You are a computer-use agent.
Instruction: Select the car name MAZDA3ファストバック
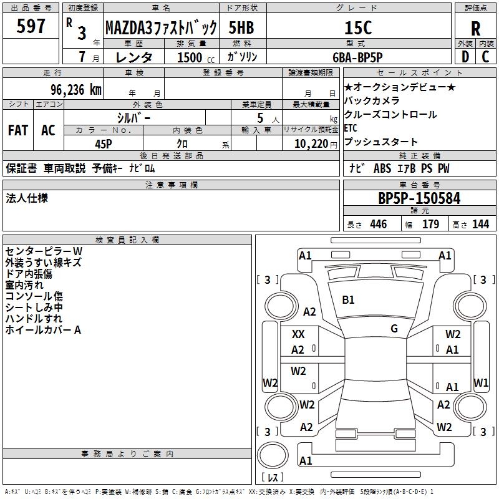click(160, 27)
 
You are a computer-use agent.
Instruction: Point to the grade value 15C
click(358, 27)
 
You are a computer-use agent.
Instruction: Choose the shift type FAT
click(17, 130)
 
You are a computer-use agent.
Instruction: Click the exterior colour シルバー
click(133, 117)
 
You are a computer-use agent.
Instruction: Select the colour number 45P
click(103, 143)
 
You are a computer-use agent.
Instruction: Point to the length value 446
click(378, 225)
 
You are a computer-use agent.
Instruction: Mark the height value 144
click(480, 225)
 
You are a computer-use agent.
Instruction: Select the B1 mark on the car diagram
click(348, 300)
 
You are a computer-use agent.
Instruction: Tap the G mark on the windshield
click(394, 328)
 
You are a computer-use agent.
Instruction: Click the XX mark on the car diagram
click(298, 334)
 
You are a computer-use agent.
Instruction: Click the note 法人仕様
click(27, 198)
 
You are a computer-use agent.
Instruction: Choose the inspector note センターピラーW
click(44, 251)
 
